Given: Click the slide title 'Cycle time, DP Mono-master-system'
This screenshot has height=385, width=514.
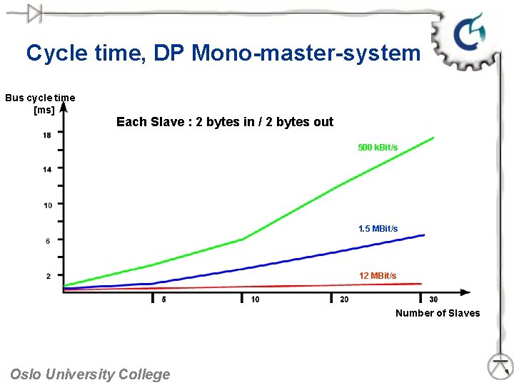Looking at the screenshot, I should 223,53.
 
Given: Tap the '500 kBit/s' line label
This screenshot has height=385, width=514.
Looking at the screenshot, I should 378,148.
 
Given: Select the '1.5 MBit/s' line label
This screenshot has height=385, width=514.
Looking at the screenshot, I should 378,229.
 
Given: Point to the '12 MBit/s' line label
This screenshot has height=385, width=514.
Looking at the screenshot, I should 378,276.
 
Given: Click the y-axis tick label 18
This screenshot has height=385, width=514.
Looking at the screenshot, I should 46,135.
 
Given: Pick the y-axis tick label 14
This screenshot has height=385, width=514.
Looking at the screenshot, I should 46,170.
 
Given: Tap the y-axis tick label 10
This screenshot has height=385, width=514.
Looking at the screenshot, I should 47,205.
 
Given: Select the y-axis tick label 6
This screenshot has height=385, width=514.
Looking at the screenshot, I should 47,241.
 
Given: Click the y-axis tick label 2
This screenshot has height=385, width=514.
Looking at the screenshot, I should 48,276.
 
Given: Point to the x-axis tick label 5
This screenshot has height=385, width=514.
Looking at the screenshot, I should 163,299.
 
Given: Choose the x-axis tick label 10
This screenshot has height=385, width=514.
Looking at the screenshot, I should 255,299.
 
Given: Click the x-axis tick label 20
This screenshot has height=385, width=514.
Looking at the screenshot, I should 344,299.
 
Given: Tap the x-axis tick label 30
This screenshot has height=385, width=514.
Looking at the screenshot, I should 433,299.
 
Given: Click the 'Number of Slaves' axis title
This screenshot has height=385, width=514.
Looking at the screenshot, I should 438,313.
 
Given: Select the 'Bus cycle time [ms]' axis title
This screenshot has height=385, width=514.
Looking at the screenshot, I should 40,103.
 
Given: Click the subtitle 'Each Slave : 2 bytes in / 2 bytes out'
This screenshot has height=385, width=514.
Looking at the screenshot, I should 225,122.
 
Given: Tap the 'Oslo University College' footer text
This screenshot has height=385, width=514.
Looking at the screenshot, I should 90,374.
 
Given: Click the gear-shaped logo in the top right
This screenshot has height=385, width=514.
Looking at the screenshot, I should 469,36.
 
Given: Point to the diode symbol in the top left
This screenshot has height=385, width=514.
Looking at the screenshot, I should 31,13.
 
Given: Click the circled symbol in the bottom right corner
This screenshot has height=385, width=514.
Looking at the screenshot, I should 500,366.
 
